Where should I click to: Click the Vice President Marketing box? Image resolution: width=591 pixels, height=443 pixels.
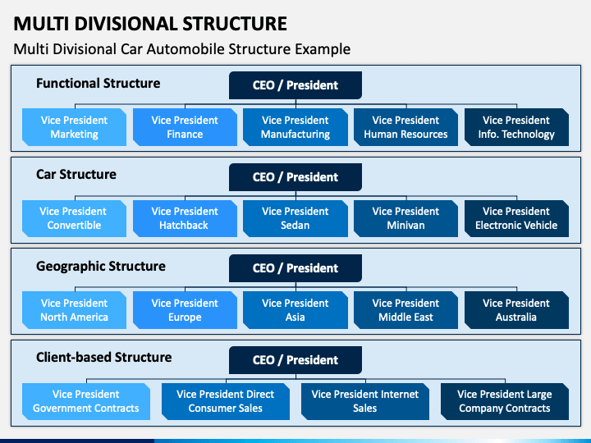[74, 127]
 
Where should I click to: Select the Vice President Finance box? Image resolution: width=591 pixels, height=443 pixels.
[185, 127]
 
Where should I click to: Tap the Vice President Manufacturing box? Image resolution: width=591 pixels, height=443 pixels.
[295, 127]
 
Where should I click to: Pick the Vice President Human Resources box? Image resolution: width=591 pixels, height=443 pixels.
[406, 127]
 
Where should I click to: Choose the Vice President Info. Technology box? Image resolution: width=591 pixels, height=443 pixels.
[516, 127]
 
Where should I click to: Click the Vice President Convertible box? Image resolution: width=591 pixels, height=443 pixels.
[74, 218]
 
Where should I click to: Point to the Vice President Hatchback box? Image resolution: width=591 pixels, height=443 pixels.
[185, 218]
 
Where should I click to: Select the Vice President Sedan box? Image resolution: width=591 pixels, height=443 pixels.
[295, 218]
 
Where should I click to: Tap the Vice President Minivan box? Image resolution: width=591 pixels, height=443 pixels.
[406, 218]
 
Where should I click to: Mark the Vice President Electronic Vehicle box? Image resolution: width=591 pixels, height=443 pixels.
[516, 218]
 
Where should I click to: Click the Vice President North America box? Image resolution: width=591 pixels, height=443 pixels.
[74, 310]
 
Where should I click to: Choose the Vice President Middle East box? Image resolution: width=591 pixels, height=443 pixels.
[406, 310]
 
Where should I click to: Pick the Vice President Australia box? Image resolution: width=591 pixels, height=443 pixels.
[516, 310]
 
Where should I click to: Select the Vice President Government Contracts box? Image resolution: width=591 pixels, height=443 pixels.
[86, 401]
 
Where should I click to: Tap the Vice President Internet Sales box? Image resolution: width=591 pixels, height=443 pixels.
[364, 401]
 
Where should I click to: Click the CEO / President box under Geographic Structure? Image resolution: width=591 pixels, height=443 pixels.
[295, 268]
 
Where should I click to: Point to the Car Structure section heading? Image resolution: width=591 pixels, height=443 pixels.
[76, 175]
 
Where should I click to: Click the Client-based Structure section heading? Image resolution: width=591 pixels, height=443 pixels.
[104, 357]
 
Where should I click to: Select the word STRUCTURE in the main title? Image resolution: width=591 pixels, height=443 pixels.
[235, 24]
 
